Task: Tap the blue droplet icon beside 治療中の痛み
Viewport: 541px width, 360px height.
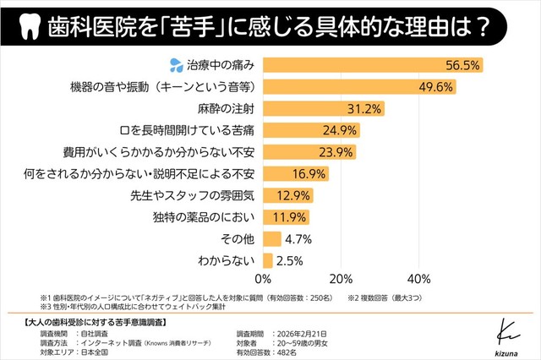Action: click(176, 63)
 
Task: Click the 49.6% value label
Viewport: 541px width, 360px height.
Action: click(437, 85)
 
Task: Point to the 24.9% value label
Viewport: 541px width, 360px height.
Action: click(342, 129)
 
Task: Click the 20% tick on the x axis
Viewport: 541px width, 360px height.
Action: click(342, 280)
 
